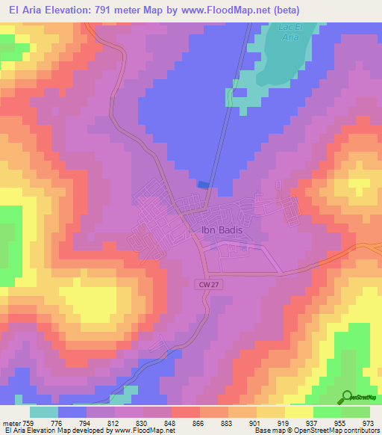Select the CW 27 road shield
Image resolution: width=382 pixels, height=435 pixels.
pos(209,285)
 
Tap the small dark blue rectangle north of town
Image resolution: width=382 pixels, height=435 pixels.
pos(202,185)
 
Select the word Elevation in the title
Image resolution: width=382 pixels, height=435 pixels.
pos(65,10)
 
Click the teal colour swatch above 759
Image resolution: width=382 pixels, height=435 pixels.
pos(44,412)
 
